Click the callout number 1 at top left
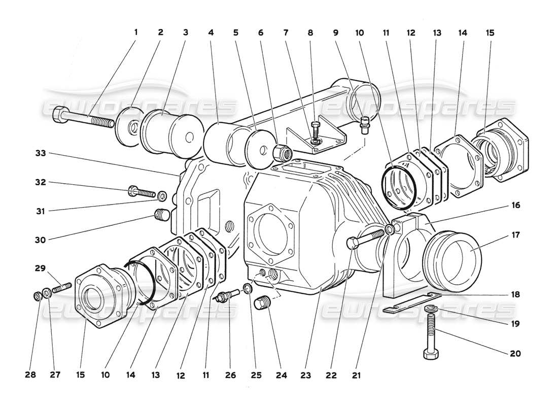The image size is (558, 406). [135, 32]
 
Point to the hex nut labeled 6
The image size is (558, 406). [281, 151]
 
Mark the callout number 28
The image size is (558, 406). [31, 376]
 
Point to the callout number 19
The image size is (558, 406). [517, 323]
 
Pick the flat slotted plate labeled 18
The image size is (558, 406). [411, 302]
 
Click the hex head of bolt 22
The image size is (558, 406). [353, 244]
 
